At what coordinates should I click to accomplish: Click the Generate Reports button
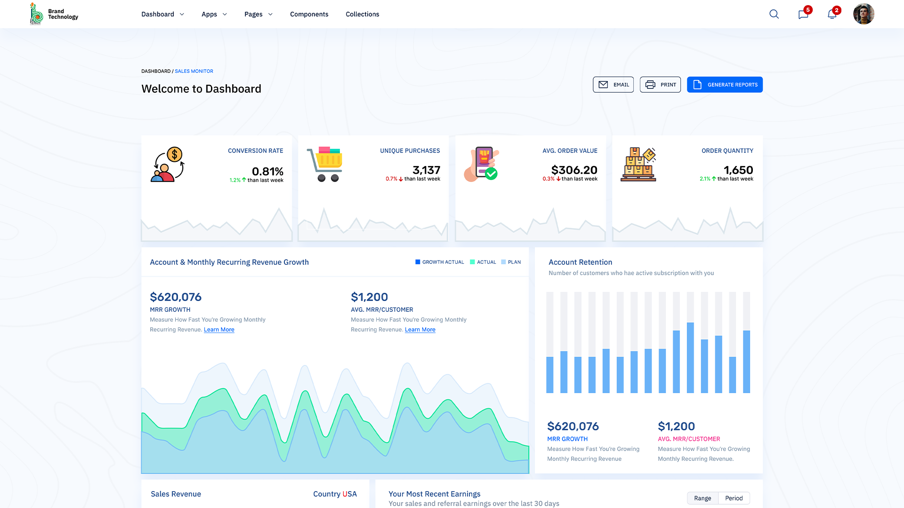[x=725, y=85]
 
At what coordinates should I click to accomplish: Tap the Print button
[x=660, y=85]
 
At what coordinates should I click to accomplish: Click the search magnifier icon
[x=774, y=14]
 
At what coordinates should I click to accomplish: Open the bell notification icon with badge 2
[x=832, y=14]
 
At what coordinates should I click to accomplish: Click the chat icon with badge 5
[x=803, y=14]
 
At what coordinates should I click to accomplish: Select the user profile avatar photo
[x=864, y=14]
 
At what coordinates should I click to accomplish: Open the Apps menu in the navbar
[x=214, y=14]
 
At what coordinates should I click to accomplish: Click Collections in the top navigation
[x=362, y=14]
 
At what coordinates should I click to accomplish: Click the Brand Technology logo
[x=54, y=14]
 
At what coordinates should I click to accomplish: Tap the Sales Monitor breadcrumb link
[x=194, y=71]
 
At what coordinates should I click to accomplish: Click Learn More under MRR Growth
[x=219, y=330]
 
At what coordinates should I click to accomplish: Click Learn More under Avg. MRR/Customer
[x=420, y=330]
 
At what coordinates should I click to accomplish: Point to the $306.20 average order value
[x=574, y=170]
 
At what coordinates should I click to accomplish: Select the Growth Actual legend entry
[x=439, y=262]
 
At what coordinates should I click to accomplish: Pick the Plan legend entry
[x=511, y=262]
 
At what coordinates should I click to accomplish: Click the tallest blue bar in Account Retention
[x=690, y=357]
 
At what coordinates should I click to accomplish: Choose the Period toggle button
[x=734, y=498]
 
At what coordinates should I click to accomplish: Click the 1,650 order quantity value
[x=738, y=170]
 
